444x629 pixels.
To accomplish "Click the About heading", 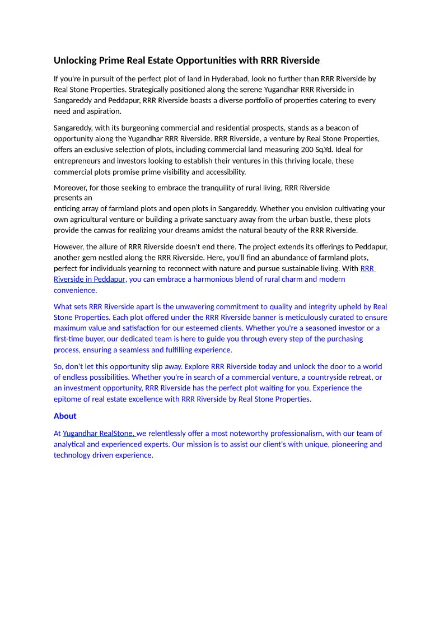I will [65, 416].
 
